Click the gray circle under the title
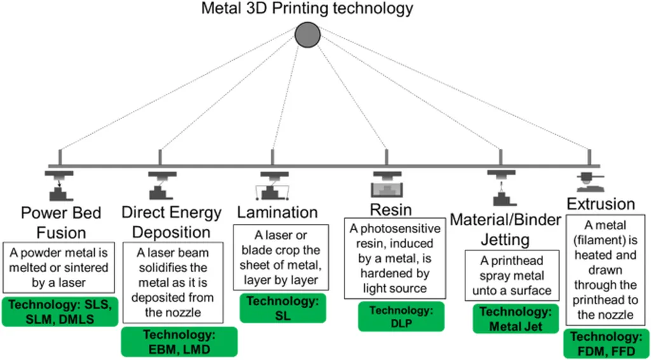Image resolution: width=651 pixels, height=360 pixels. tap(308, 34)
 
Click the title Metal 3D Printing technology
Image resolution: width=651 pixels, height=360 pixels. tap(308, 9)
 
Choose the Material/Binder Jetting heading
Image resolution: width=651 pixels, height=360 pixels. tap(505, 229)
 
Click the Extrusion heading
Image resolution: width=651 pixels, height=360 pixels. tap(600, 204)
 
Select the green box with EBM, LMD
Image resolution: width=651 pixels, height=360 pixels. tap(179, 342)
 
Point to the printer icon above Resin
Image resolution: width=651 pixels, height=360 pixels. tap(387, 184)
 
